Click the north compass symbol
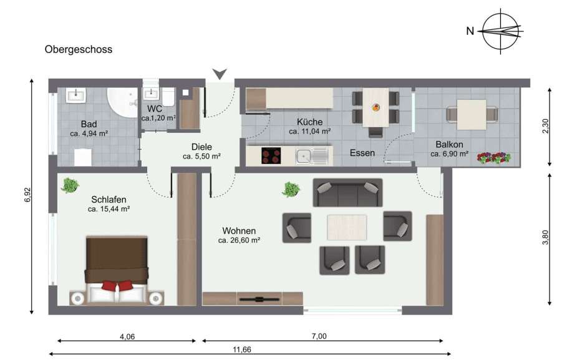coord(501,31)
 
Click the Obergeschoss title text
coord(78,49)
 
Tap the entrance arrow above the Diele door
coord(219,74)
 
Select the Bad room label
coord(89,124)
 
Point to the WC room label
coord(155,109)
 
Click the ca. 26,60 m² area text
coord(239,240)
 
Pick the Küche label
coord(309,122)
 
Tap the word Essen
coord(362,153)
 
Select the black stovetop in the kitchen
coord(271,156)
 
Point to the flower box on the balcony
coord(493,158)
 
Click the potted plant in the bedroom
coord(70,185)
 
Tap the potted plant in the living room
coord(291,189)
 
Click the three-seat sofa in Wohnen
coord(346,194)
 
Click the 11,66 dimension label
coord(242,350)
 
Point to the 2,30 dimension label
coord(546,127)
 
